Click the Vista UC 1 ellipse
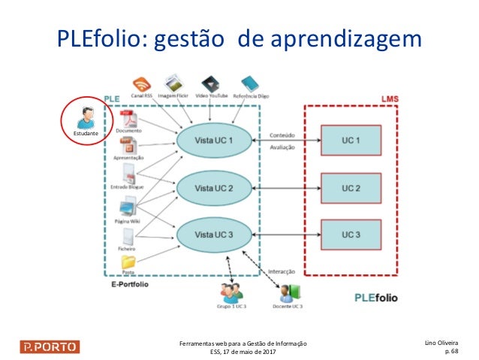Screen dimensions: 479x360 click(x=214, y=141)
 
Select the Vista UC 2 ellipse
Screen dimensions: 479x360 click(x=214, y=187)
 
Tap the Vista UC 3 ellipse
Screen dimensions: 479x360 click(x=214, y=234)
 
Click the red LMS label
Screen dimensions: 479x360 click(x=390, y=98)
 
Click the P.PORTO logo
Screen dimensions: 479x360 click(x=50, y=346)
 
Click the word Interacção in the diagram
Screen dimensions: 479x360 click(x=282, y=271)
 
